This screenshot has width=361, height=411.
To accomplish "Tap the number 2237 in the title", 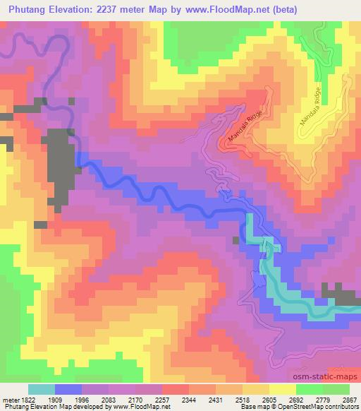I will (108, 9).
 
